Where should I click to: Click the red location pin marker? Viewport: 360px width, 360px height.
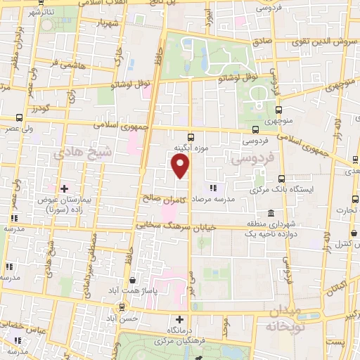click(x=181, y=167)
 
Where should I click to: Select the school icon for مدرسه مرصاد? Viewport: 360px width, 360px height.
click(x=213, y=188)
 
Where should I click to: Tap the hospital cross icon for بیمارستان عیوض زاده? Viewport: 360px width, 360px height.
click(x=64, y=188)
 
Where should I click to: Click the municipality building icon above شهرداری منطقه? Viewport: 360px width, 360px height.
click(x=251, y=223)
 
